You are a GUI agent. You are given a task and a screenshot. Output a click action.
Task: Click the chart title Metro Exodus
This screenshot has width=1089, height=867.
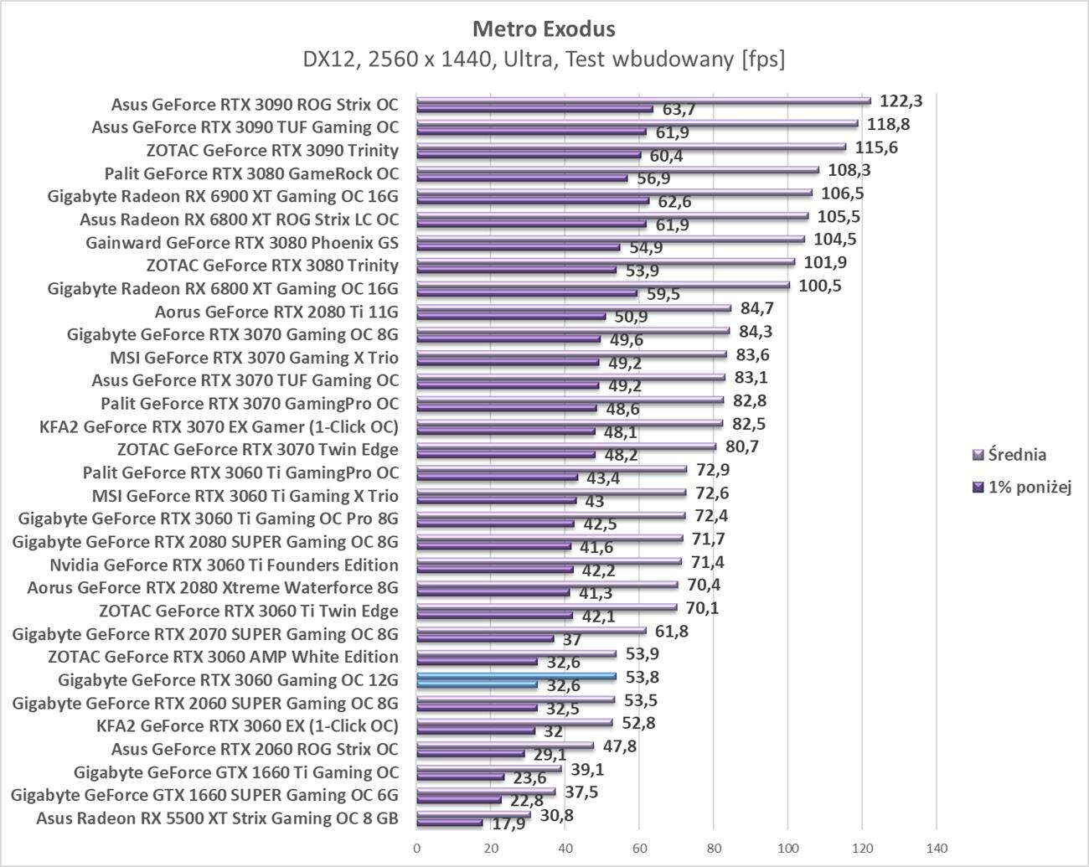click(544, 28)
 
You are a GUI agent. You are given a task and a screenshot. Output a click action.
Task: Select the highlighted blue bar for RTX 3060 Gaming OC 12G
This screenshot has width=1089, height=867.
click(516, 675)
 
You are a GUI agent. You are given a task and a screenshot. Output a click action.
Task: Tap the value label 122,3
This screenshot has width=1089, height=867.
click(901, 101)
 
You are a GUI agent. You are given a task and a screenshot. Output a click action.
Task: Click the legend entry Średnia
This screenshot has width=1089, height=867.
click(1016, 455)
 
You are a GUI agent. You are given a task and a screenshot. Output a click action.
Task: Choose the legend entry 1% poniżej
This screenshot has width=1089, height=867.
click(1030, 488)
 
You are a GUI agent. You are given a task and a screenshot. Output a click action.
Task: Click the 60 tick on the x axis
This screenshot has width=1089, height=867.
click(639, 849)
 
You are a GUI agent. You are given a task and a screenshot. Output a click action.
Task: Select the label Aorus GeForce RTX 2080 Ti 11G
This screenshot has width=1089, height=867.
click(276, 312)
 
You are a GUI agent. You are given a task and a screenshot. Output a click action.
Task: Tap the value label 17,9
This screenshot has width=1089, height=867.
click(508, 823)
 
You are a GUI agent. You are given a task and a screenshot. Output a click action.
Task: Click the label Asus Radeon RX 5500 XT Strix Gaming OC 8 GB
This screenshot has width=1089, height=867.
click(217, 818)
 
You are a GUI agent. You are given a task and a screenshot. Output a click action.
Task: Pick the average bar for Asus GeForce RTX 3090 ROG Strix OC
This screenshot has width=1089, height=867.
click(643, 101)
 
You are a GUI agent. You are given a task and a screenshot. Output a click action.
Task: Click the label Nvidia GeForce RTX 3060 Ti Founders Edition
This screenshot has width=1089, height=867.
click(224, 565)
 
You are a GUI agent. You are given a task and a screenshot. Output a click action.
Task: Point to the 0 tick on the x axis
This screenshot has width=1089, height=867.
click(416, 849)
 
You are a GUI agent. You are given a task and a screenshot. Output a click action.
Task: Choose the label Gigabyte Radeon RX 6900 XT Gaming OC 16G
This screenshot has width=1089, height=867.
click(223, 197)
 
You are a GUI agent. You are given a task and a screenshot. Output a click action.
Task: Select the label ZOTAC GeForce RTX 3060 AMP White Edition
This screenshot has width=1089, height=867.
click(223, 657)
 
